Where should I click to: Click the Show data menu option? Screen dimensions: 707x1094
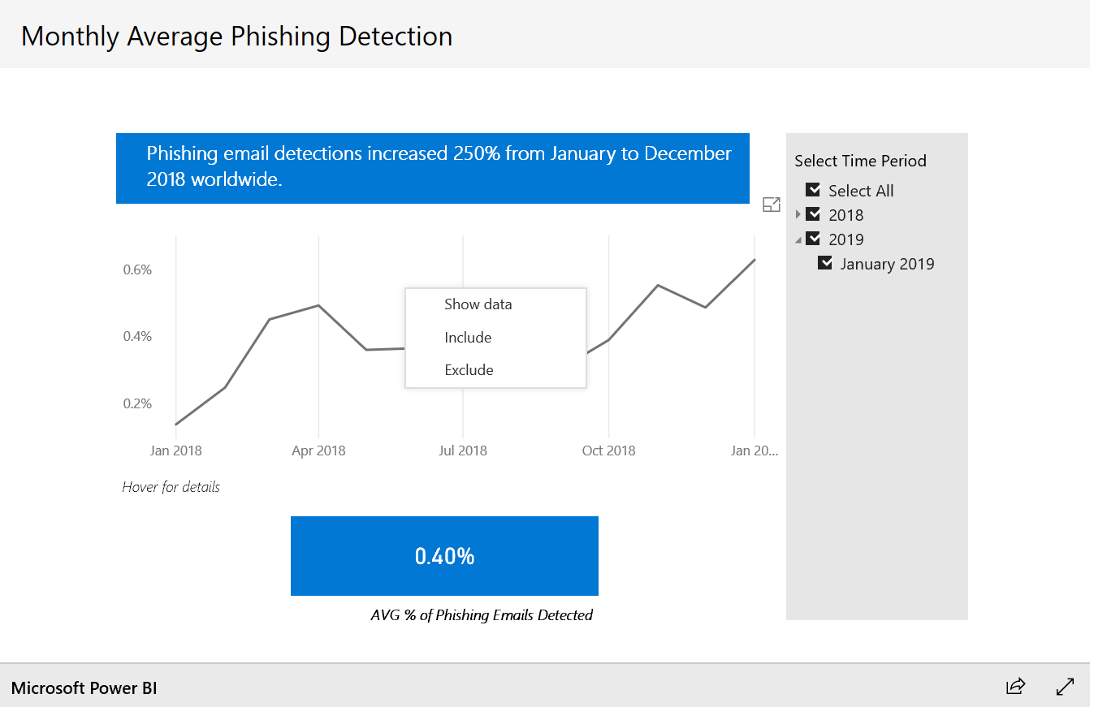478,304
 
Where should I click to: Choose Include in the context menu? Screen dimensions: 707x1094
468,338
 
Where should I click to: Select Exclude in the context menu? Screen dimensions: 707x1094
469,370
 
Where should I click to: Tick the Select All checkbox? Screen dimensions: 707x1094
813,190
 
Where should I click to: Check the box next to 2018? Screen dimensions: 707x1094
813,214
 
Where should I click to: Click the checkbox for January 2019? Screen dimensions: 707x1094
825,263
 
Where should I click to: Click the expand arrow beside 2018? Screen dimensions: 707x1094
798,214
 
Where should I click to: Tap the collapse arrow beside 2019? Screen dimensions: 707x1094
798,239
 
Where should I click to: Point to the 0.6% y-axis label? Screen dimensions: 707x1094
137,269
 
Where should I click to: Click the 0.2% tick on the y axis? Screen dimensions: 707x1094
137,403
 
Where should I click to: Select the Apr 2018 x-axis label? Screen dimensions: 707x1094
318,450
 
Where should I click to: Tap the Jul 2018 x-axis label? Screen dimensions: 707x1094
463,450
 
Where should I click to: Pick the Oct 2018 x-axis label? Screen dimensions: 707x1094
608,450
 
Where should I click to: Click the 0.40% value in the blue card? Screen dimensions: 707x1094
444,556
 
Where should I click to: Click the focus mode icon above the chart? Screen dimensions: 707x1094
772,205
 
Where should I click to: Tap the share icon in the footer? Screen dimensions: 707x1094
1015,687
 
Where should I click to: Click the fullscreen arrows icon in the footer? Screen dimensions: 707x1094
1065,687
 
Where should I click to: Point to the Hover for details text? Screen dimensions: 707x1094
171,487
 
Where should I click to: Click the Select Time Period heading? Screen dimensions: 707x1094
860,161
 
